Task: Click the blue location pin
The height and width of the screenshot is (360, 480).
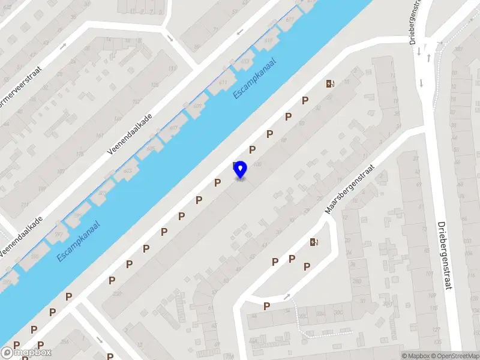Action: (240, 169)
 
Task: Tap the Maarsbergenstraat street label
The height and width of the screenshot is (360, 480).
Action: (350, 190)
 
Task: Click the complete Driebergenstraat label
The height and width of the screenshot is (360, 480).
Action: (445, 255)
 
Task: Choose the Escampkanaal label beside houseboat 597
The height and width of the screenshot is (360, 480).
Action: (79, 241)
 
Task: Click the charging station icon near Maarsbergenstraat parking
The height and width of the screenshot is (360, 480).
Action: (314, 242)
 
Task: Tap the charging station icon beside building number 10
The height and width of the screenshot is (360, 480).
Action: (329, 84)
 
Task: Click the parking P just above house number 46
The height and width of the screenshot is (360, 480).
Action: (266, 306)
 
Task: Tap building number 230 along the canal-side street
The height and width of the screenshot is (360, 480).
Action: (116, 293)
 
